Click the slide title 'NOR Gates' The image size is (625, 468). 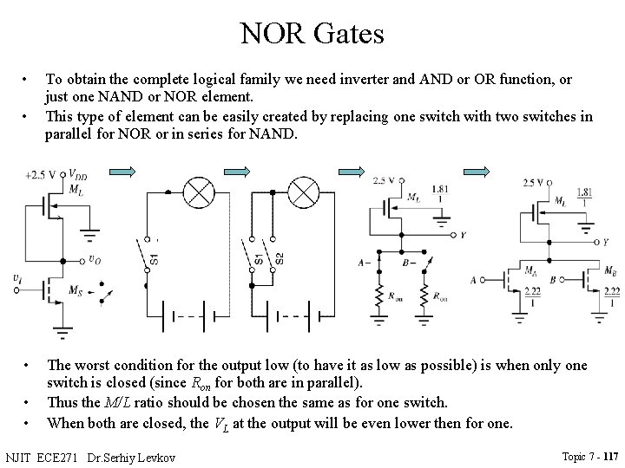pyautogui.click(x=312, y=34)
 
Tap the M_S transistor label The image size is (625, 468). pyautogui.click(x=76, y=289)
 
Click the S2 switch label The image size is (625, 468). pyautogui.click(x=279, y=258)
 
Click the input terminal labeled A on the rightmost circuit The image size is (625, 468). pyautogui.click(x=473, y=281)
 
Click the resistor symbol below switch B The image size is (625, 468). pyautogui.click(x=427, y=297)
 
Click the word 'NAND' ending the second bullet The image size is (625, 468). pyautogui.click(x=275, y=134)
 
